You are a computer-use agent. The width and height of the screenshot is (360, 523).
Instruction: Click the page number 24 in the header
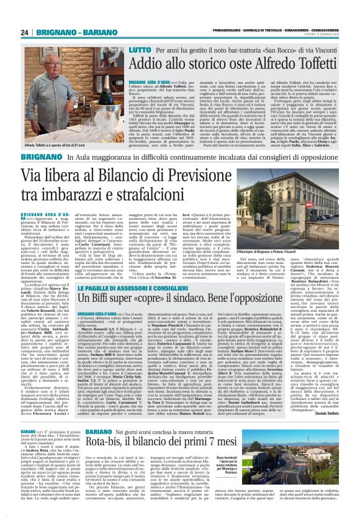[x=25, y=32]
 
